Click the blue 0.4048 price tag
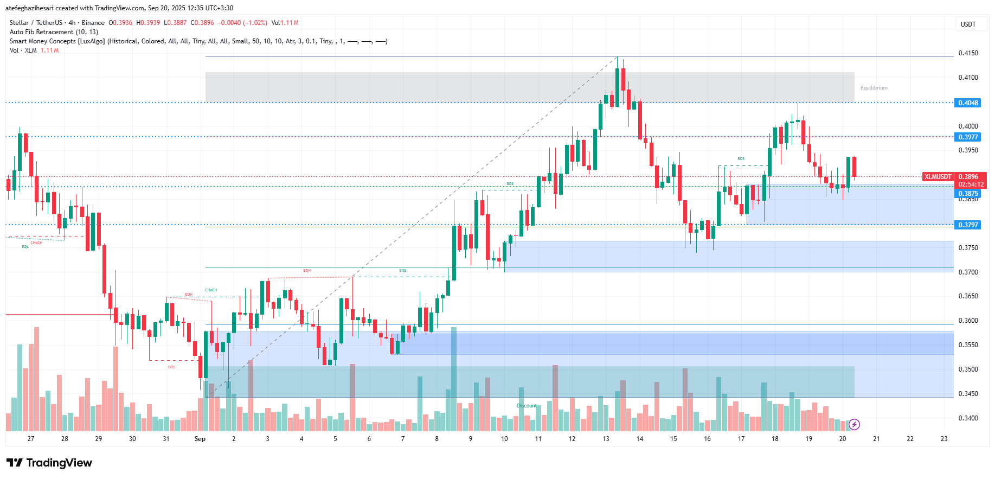pyautogui.click(x=968, y=103)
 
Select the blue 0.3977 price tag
pyautogui.click(x=968, y=137)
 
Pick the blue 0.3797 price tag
pyautogui.click(x=968, y=225)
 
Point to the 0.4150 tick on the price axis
pyautogui.click(x=968, y=53)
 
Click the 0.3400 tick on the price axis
pyautogui.click(x=968, y=418)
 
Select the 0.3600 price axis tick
pyautogui.click(x=968, y=321)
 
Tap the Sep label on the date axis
pyautogui.click(x=200, y=439)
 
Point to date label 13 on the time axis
pyautogui.click(x=606, y=439)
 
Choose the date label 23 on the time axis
pyautogui.click(x=944, y=439)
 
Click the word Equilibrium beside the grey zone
pyautogui.click(x=874, y=88)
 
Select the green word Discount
pyautogui.click(x=527, y=406)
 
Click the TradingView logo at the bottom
pyautogui.click(x=49, y=463)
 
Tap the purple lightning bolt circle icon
pyautogui.click(x=854, y=424)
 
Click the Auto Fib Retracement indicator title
pyautogui.click(x=54, y=32)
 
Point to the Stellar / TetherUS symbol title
pyautogui.click(x=36, y=23)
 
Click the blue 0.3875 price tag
pyautogui.click(x=968, y=194)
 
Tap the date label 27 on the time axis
pyautogui.click(x=31, y=439)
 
